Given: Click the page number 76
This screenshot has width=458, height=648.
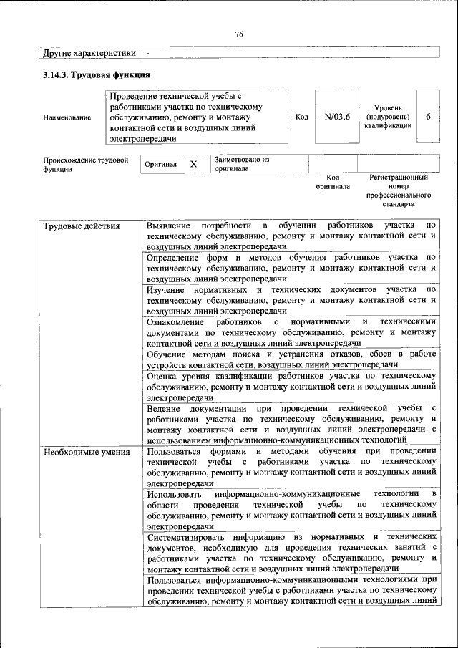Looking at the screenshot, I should pos(240,34).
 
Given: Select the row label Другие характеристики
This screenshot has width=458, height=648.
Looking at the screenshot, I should pos(89,53).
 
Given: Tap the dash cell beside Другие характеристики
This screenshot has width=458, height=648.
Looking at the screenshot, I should pos(147,53).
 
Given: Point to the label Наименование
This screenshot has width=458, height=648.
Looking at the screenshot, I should pos(67,117).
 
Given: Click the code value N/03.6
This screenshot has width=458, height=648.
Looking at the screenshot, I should pos(336,117).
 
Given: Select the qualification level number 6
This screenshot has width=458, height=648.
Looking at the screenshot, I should pos(428,117).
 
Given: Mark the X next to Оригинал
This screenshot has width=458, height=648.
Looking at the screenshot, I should pos(193,164).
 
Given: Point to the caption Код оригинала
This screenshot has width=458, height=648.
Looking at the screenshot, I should pos(333,181).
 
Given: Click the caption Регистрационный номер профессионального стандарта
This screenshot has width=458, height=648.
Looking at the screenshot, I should pos(399,190).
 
